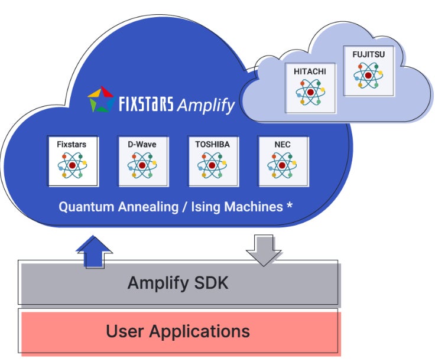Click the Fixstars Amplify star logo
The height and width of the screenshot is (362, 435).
tap(100, 100)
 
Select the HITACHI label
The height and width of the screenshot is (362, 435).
tap(310, 71)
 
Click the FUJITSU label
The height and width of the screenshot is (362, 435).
tap(368, 54)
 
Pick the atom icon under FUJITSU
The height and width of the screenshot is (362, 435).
tap(368, 76)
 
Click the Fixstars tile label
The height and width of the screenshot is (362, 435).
tap(73, 144)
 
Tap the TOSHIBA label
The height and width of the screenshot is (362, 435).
tap(212, 144)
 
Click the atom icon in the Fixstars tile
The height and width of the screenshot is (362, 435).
tap(73, 165)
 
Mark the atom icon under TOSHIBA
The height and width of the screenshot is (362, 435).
tap(212, 165)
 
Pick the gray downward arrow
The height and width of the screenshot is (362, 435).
tap(264, 249)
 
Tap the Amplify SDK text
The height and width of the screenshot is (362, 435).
tap(177, 283)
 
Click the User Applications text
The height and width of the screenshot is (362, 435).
tap(177, 331)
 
